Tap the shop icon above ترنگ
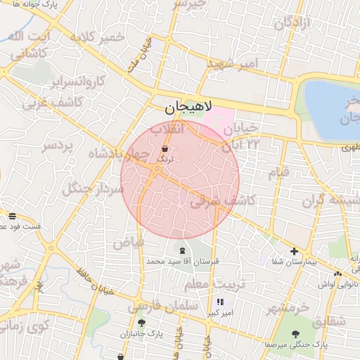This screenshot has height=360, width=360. coord(165,149)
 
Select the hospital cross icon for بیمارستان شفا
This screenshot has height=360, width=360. coord(295,251)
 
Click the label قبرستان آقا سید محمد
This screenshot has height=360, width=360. coord(183,261)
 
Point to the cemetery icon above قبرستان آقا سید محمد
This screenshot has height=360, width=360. coord(183,250)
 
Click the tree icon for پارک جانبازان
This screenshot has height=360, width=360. coord(141,323)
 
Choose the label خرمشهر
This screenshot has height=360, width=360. coord(288,308)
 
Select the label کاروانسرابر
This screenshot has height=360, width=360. coord(78,81)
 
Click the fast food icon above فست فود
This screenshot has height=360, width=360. coord(12,216)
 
